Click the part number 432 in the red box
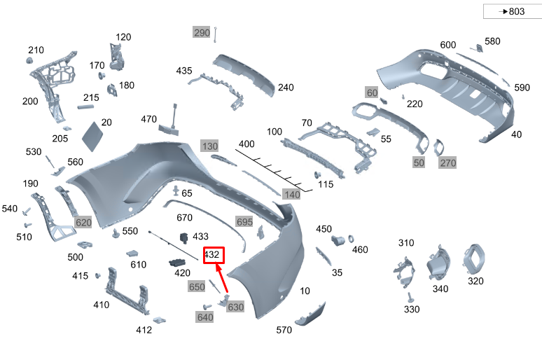click(x=212, y=255)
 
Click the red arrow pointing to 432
click(x=221, y=277)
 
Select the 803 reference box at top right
click(x=513, y=11)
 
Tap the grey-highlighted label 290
click(x=202, y=32)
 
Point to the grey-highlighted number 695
click(x=244, y=221)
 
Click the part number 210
click(x=36, y=50)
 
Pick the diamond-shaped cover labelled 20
click(x=92, y=137)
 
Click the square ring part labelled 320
click(x=473, y=258)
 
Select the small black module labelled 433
click(x=184, y=238)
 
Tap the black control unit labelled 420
click(x=177, y=263)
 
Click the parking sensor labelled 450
click(x=338, y=240)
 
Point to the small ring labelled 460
click(x=351, y=239)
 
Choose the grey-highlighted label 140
click(x=292, y=194)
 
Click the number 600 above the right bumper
click(x=448, y=45)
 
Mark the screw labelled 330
click(x=410, y=298)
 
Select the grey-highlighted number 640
click(x=205, y=317)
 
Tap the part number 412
click(x=144, y=330)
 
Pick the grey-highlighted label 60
click(x=372, y=92)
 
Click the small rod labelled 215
click(x=85, y=107)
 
